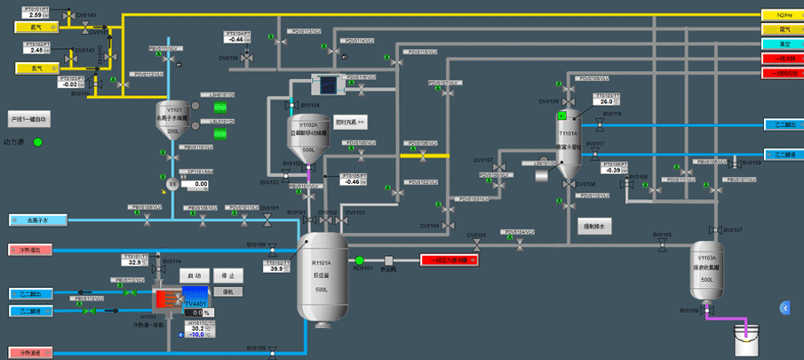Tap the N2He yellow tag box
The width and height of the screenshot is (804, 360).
pos(783,15)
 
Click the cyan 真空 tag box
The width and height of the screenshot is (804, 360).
pos(783,44)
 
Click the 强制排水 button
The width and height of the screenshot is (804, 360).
pos(592,227)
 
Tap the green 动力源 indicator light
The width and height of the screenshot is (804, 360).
pos(37,141)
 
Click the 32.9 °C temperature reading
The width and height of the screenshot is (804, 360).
pos(133,262)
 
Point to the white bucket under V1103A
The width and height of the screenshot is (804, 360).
pos(742,339)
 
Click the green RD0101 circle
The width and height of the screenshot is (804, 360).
pos(361,260)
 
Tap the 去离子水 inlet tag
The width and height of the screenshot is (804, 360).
pos(35,220)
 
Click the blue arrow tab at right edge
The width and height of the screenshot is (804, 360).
pos(784,307)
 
